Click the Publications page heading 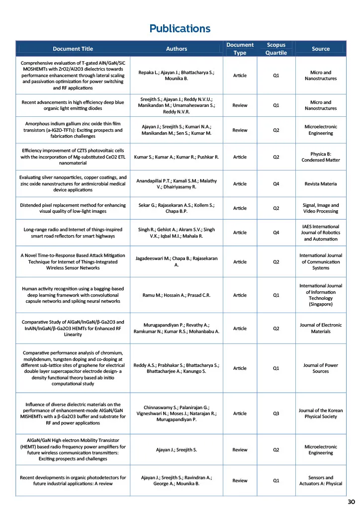pos(180,28)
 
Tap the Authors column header pos(177,49)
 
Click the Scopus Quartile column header pos(276,49)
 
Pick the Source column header pos(320,49)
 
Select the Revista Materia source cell pos(320,183)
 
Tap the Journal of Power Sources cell pos(320,368)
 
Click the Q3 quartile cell pos(276,414)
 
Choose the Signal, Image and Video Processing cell pos(320,208)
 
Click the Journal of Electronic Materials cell pos(320,328)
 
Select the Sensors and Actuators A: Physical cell pos(320,480)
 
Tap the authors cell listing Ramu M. pos(177,295)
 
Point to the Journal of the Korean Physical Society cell pos(320,414)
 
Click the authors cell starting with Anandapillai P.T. pos(177,183)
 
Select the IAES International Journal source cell pos(320,233)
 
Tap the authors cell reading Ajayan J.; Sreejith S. pos(177,450)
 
